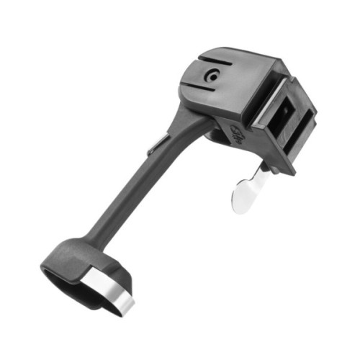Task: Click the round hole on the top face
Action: point(212,74)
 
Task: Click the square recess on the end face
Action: point(286,113)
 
